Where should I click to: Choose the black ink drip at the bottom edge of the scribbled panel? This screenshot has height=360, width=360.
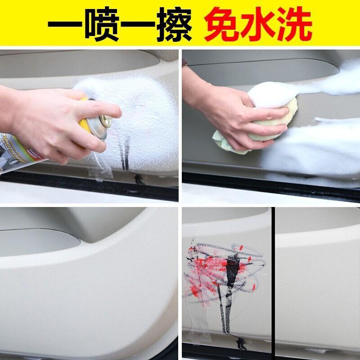pos(241,343)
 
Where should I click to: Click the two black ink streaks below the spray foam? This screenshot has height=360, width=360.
pos(125,153)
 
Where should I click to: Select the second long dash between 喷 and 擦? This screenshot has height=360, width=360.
pos(138,24)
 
